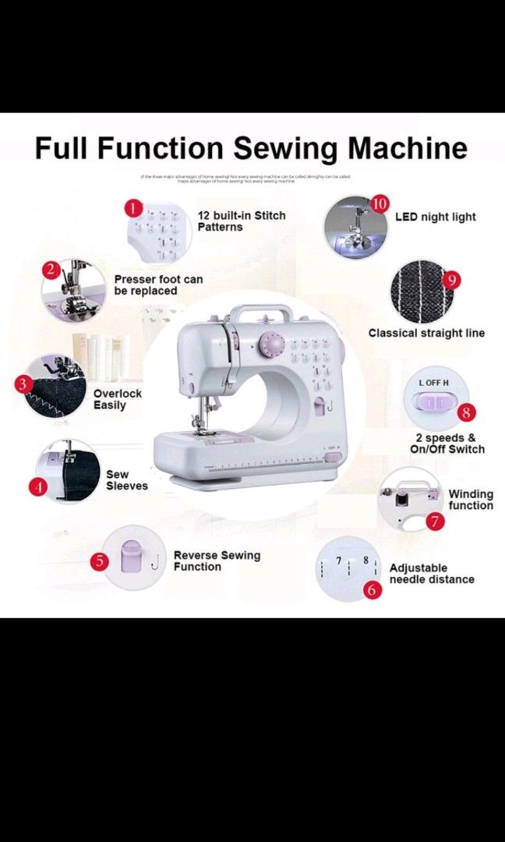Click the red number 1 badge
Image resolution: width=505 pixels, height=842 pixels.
tap(133, 208)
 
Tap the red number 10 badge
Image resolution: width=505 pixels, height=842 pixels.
tap(379, 204)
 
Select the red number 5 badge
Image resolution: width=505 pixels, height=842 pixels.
tap(98, 561)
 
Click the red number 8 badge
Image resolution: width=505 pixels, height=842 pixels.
tap(466, 412)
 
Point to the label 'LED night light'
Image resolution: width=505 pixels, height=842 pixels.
tap(435, 217)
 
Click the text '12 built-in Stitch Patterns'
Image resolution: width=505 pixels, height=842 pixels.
tap(241, 221)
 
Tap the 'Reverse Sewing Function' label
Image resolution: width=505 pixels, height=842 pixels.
tap(217, 561)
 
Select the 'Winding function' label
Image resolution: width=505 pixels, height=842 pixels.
tap(471, 500)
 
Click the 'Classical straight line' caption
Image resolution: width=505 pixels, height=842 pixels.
tap(426, 333)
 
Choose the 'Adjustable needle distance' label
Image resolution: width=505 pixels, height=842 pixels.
tap(432, 574)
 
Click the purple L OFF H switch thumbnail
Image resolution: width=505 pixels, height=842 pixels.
tap(430, 402)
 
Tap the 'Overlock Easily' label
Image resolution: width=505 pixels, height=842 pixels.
tap(118, 399)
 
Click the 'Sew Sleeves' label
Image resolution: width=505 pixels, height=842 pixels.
tap(126, 479)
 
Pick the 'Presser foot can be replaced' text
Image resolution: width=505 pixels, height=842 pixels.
tap(158, 285)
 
